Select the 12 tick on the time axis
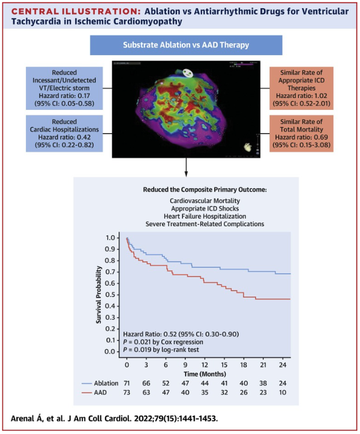point(205,364)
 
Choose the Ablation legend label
point(105,382)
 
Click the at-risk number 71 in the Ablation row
point(127,382)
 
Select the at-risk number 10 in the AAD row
point(283,391)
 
